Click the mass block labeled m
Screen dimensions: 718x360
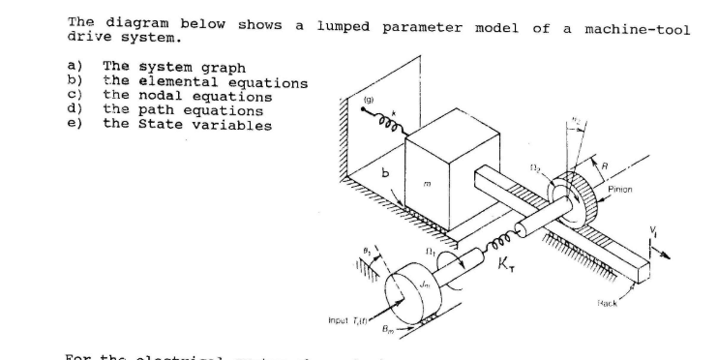pyautogui.click(x=440, y=179)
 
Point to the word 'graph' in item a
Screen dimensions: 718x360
pyautogui.click(x=222, y=68)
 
